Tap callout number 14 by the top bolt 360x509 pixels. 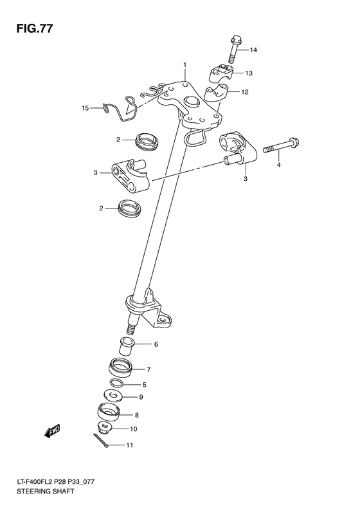point(253,50)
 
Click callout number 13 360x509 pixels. point(248,73)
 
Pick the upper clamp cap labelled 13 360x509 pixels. point(221,71)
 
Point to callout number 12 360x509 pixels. point(245,93)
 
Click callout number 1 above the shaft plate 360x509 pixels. point(184,65)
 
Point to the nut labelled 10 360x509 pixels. point(105,428)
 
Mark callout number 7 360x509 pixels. point(148,369)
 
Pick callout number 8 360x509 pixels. point(136,415)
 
